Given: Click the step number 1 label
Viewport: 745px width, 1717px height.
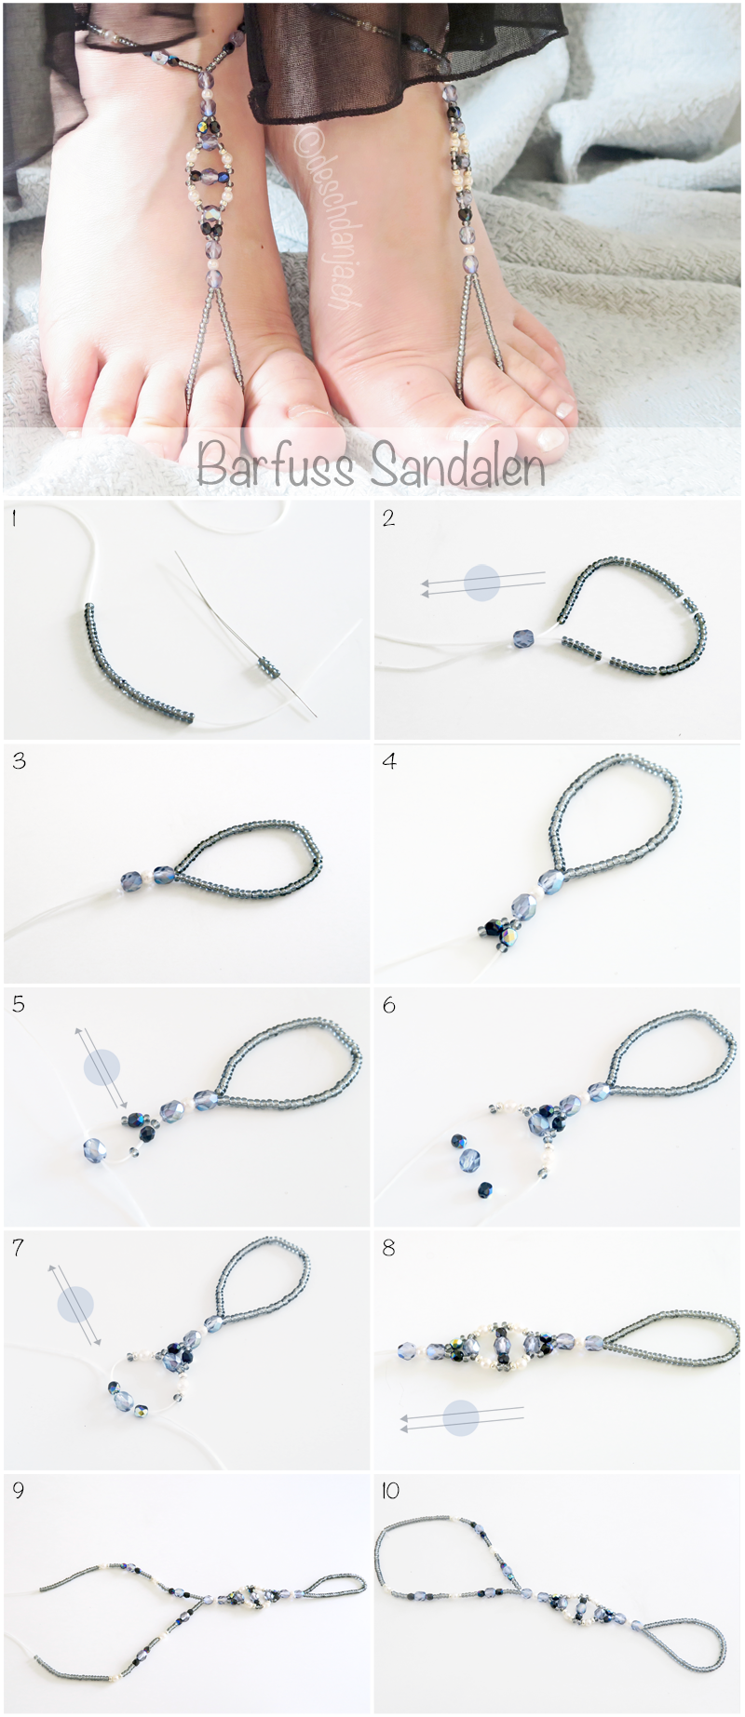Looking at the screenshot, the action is click(x=14, y=518).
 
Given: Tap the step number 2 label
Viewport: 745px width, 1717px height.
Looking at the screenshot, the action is click(x=388, y=518).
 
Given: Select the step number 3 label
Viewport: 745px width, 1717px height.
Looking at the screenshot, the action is click(x=19, y=761).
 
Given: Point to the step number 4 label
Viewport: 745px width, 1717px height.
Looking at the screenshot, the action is click(x=389, y=761).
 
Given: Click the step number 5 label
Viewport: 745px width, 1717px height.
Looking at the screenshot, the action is click(x=19, y=1004).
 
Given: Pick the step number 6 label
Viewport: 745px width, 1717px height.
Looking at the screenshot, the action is click(x=389, y=1004).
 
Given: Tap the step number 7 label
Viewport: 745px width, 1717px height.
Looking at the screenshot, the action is click(x=19, y=1247).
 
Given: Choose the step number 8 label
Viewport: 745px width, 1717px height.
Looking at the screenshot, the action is click(x=389, y=1247).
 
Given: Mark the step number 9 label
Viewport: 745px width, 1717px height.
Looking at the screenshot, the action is click(x=19, y=1490).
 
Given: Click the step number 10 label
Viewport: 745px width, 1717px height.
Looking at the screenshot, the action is click(x=390, y=1490).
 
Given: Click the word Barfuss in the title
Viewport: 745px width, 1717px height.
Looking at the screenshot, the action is click(x=276, y=463).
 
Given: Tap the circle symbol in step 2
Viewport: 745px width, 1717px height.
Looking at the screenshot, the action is click(x=482, y=583).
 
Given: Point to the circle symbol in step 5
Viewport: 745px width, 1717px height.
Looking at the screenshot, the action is click(x=102, y=1066).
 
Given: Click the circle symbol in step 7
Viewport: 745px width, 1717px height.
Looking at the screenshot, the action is click(x=75, y=1305).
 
